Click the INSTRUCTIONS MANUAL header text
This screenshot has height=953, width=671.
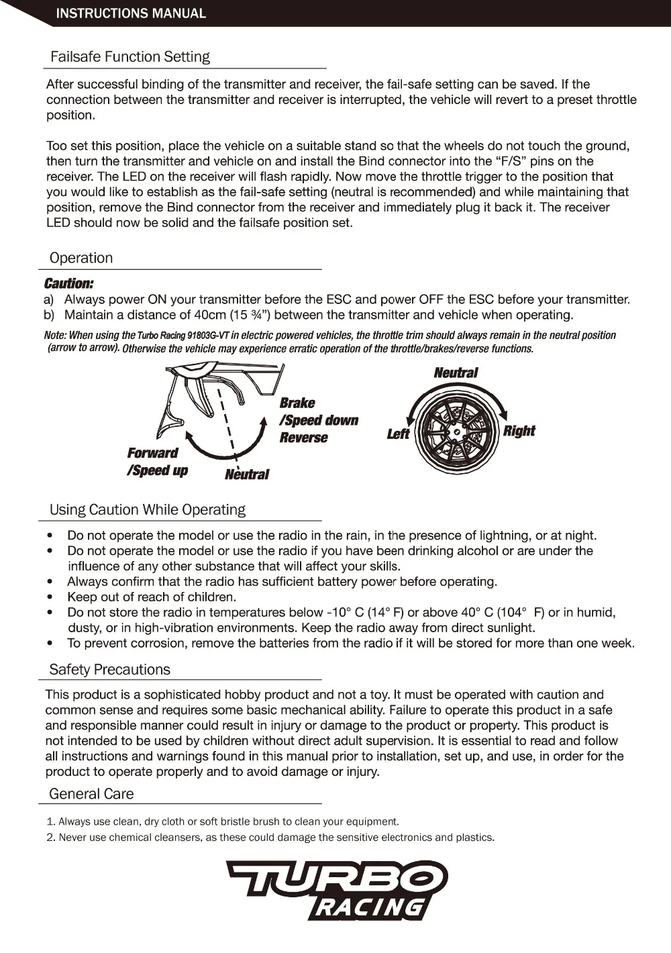pos(131,13)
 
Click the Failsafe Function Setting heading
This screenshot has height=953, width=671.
pos(130,57)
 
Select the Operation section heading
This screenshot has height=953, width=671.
pos(81,258)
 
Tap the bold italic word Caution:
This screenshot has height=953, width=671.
pos(68,284)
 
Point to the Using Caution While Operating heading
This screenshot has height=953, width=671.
pos(148,510)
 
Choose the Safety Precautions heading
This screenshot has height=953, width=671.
pos(110,670)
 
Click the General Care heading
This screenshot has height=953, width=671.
pos(92,794)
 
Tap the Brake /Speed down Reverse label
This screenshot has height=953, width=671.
pos(318,420)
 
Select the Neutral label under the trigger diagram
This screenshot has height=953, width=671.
pos(247,474)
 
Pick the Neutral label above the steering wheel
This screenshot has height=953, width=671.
pos(456,372)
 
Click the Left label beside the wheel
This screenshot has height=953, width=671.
pos(398,434)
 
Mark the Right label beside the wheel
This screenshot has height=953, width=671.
pos(519,431)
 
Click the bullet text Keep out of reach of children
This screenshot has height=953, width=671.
pos(152,597)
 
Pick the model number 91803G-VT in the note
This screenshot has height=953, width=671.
pos(204,336)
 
